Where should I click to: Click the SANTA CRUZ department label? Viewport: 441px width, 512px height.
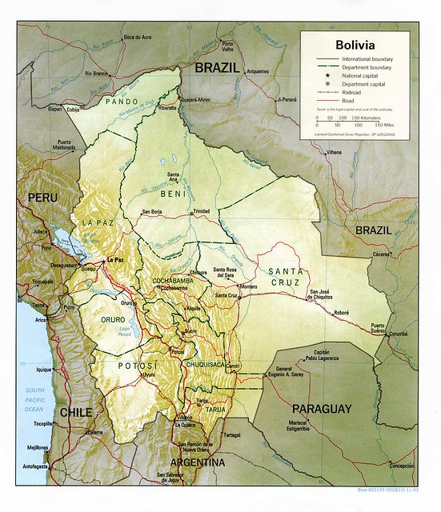[286, 276]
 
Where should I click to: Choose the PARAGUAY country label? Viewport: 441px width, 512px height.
[321, 408]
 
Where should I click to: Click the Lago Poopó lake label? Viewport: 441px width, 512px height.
[146, 327]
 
